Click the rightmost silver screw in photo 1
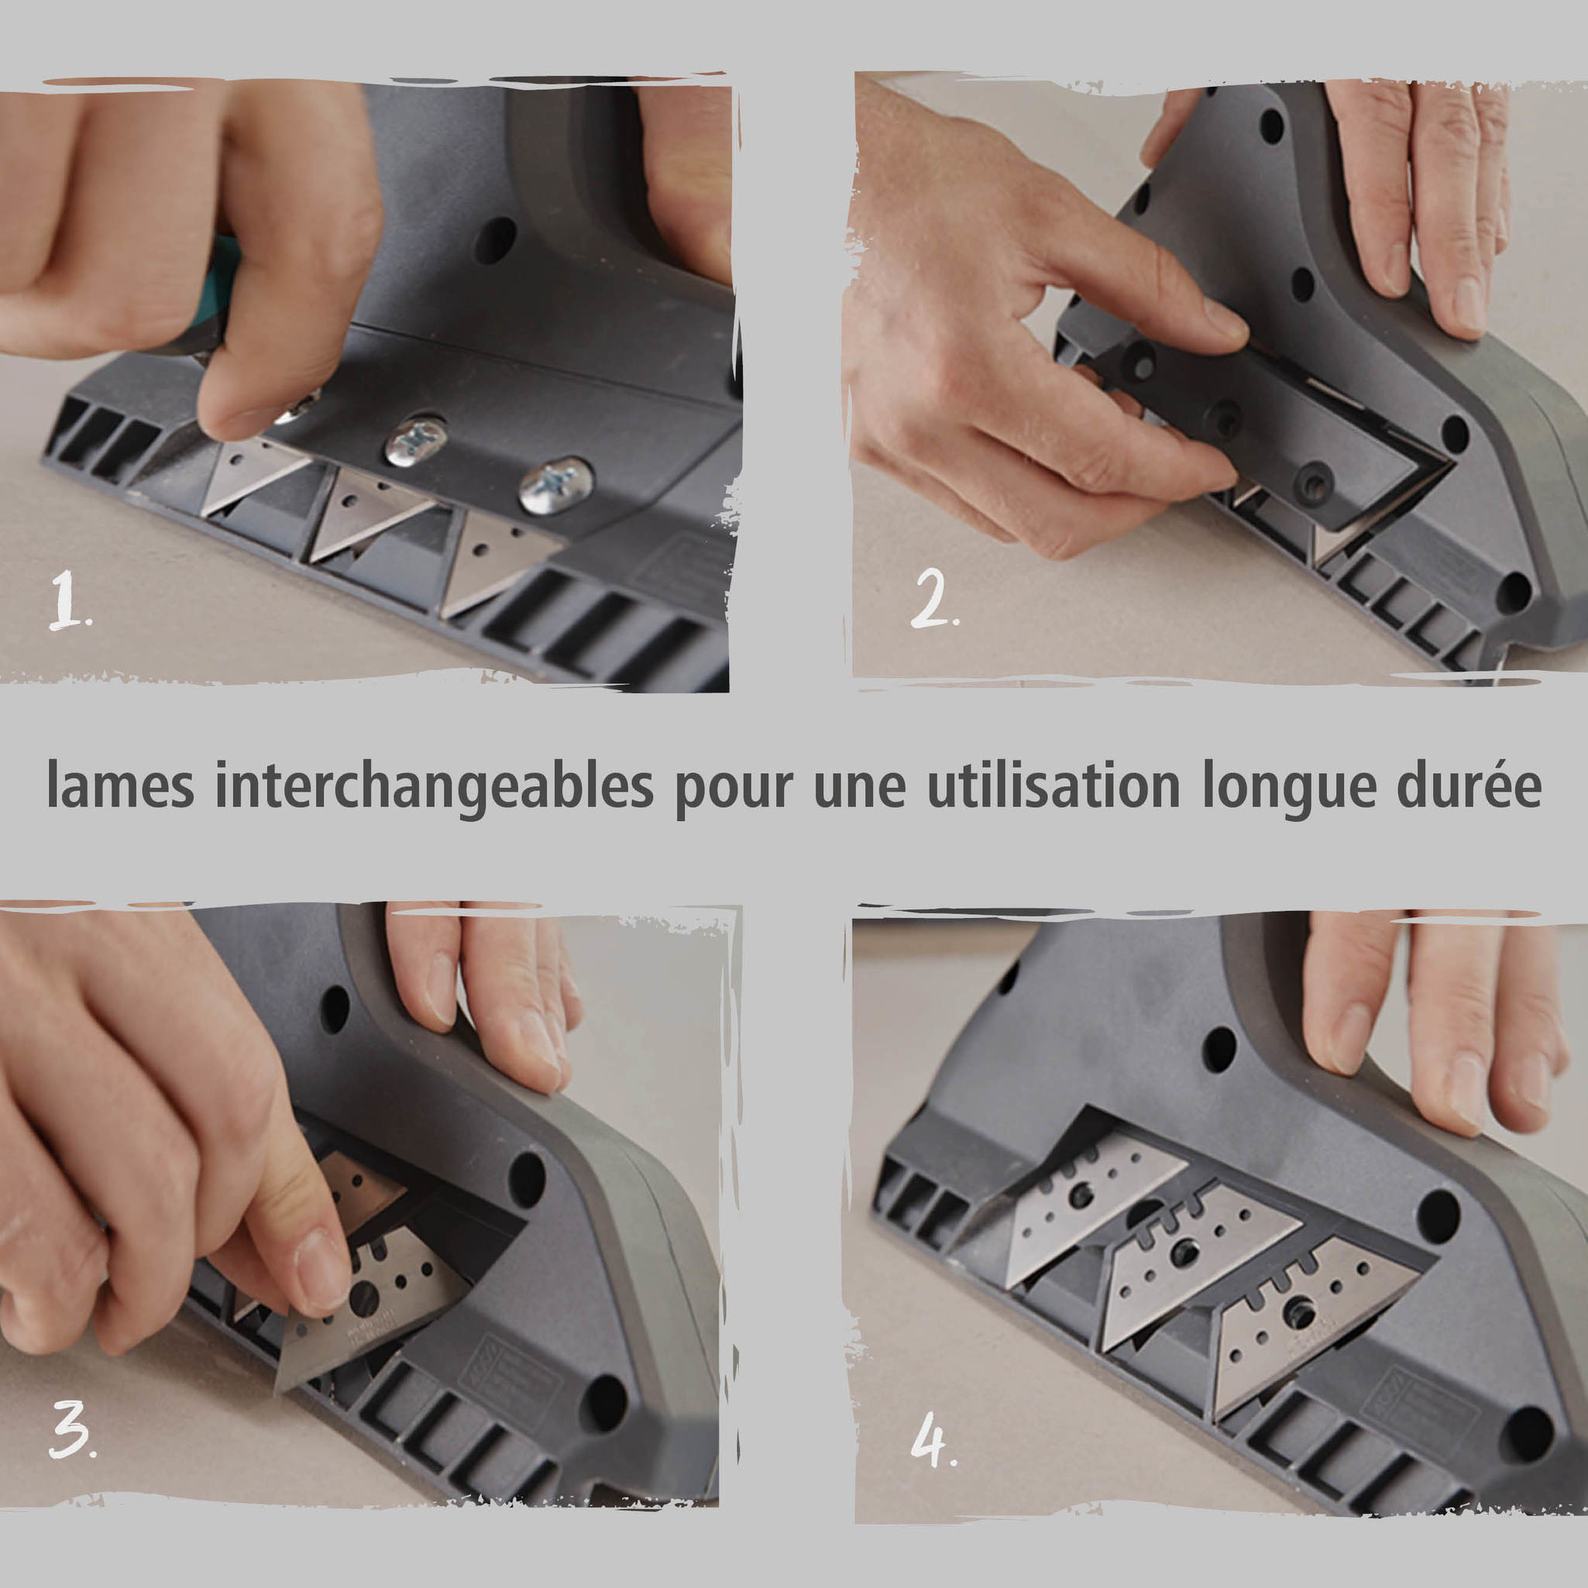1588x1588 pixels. point(555,486)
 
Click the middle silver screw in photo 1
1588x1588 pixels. point(417,442)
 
